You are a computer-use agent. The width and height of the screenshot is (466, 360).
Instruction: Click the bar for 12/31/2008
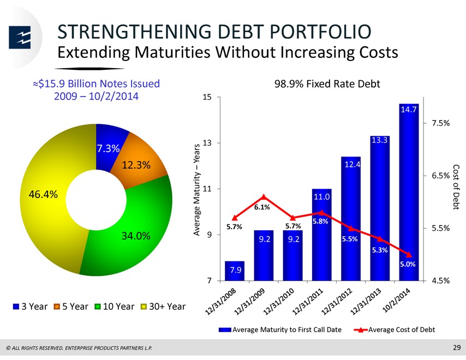coord(235,271)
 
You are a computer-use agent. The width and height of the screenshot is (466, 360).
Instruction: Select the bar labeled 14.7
coord(409,192)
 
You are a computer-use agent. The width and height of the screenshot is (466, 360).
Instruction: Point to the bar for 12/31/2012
coord(351,219)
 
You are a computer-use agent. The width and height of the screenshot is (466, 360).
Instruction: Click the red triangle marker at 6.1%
coord(264,197)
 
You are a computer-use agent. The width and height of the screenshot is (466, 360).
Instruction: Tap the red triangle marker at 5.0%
coord(409,255)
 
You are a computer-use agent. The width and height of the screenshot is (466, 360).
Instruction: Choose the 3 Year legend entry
coord(31,306)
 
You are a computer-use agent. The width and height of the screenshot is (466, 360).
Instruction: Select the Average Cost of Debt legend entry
coord(395,329)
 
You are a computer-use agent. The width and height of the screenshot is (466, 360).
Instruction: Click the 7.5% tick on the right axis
coord(441,123)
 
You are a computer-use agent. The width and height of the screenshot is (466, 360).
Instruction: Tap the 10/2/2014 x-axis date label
coord(397,301)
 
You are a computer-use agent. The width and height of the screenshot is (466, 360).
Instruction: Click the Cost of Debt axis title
coord(456,187)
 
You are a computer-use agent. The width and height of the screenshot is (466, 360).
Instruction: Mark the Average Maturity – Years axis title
coord(196,190)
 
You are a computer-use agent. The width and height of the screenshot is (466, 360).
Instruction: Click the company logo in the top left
coord(20,38)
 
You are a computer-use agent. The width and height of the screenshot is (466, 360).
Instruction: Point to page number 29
coord(457,347)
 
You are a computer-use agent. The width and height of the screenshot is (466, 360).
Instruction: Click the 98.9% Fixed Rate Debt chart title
coord(327,84)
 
